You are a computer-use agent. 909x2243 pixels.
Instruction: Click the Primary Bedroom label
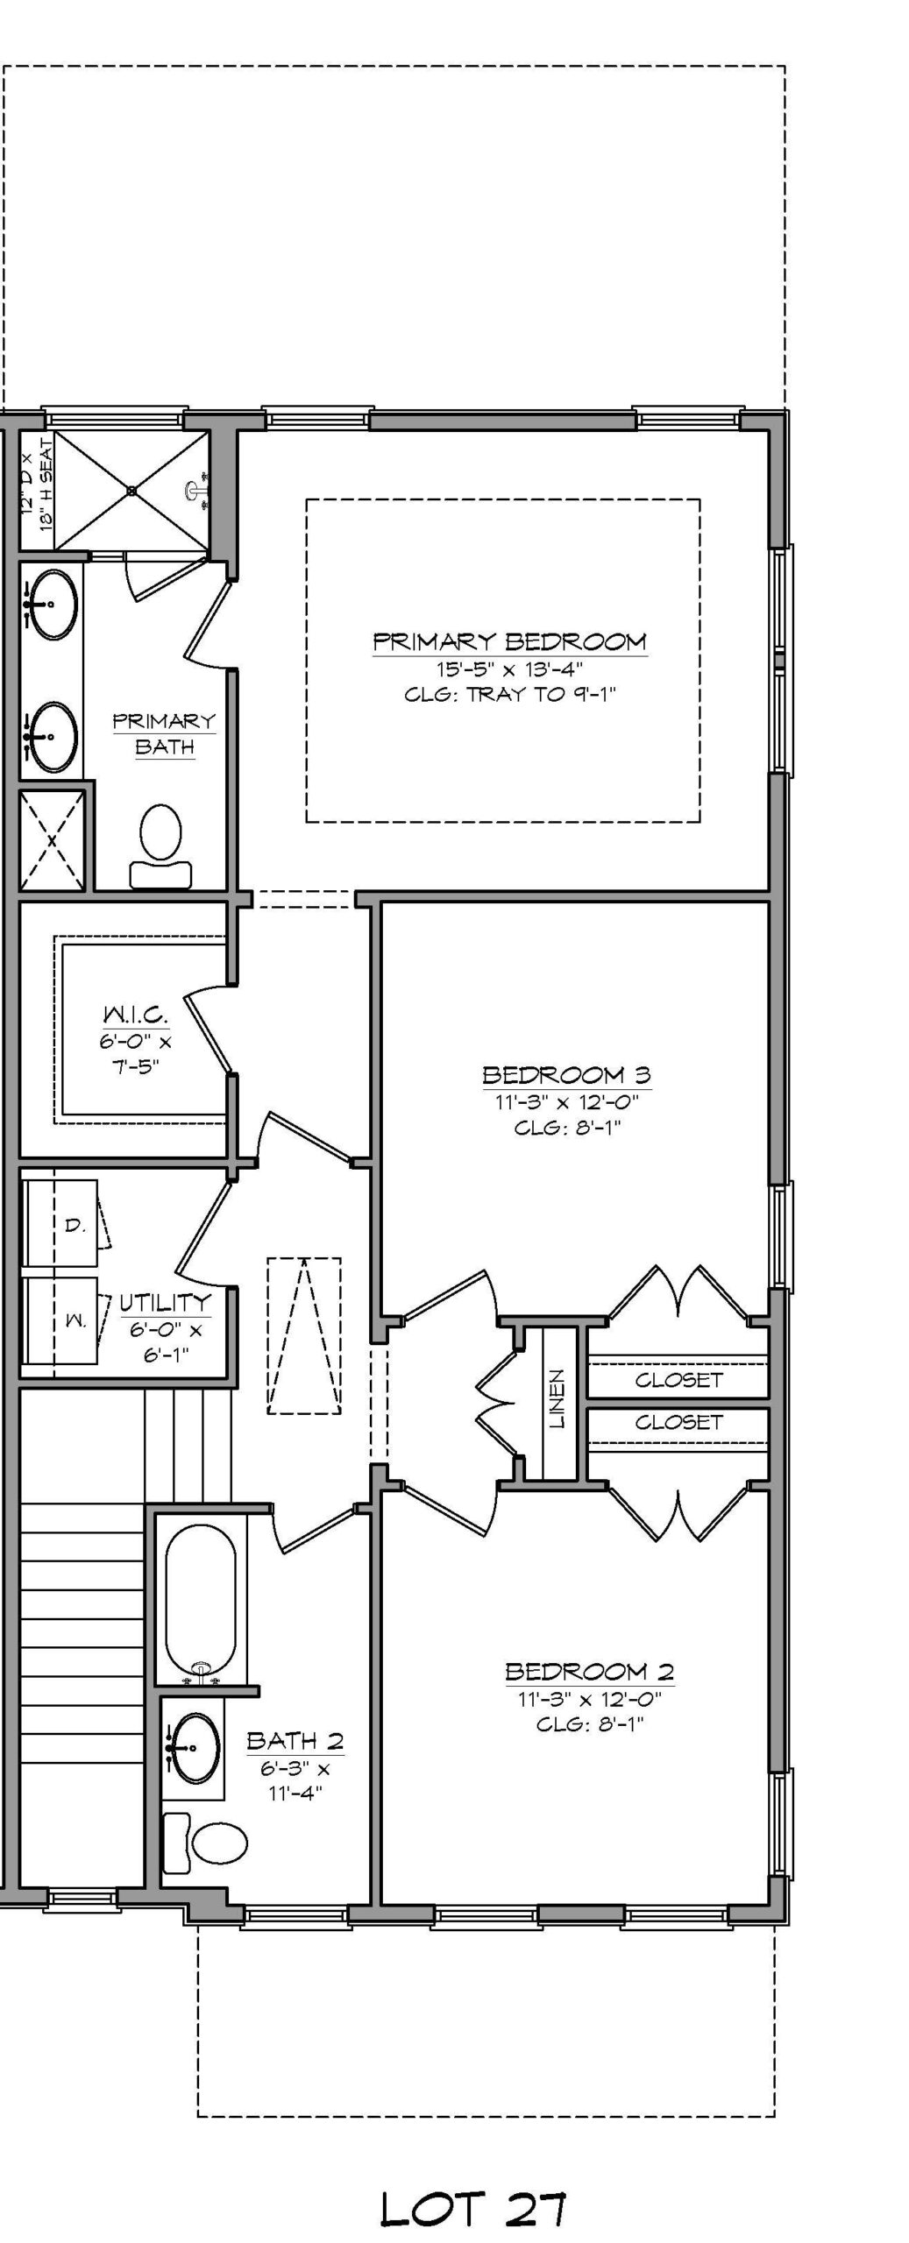pos(510,641)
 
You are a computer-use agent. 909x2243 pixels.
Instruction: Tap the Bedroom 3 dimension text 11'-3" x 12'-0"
pos(566,1101)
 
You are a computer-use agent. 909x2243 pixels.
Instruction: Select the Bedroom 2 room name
pos(589,1672)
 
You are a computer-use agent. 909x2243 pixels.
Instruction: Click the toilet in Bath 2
pos(207,1840)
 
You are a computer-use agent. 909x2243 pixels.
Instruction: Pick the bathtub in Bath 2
pos(201,1582)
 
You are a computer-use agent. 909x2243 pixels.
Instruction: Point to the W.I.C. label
pos(136,1015)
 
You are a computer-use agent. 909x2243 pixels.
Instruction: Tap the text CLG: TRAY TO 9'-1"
pos(511,695)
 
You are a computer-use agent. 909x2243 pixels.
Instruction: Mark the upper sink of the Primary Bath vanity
pos(51,604)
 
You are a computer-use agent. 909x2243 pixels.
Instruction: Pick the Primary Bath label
pos(164,734)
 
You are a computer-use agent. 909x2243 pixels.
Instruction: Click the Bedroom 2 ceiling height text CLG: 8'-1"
pos(590,1724)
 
